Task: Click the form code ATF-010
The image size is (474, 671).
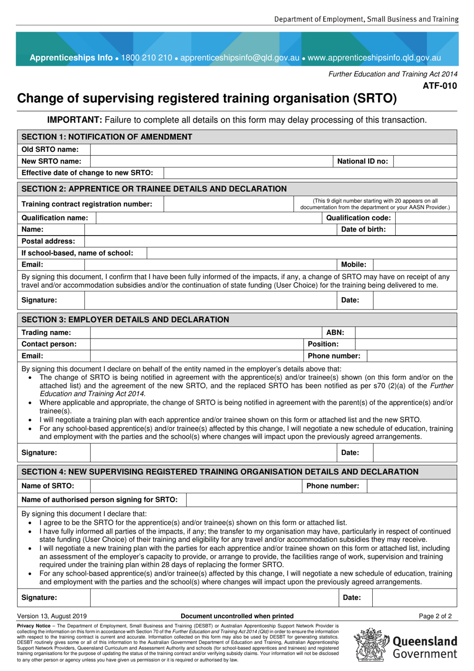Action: click(440, 86)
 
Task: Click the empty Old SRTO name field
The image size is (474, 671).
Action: click(273, 149)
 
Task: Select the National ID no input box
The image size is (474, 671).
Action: click(425, 161)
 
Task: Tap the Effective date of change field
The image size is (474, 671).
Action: click(309, 173)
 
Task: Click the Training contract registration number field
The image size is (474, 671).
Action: click(229, 204)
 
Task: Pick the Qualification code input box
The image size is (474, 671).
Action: click(426, 218)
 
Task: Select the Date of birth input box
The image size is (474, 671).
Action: click(426, 230)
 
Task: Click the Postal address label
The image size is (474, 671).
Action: click(48, 241)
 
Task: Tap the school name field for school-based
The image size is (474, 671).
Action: click(301, 253)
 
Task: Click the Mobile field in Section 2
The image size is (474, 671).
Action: click(415, 265)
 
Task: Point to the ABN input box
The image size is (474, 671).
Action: click(406, 333)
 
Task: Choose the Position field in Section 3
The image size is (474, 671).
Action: click(406, 344)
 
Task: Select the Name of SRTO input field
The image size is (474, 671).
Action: click(196, 486)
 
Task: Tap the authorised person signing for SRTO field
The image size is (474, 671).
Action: click(321, 500)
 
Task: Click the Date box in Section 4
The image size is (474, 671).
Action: click(414, 598)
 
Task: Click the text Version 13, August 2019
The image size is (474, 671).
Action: click(52, 616)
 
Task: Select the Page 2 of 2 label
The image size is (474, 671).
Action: click(435, 616)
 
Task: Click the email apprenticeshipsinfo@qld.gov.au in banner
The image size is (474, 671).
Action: click(239, 57)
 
